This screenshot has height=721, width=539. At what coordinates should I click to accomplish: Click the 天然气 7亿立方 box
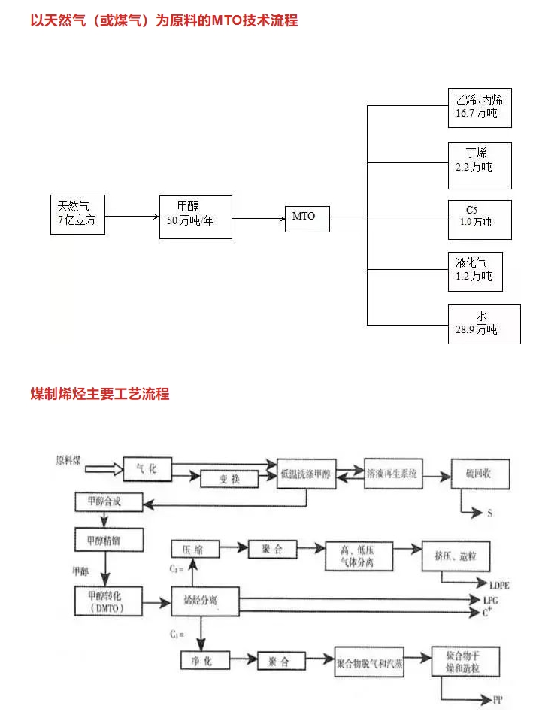77,214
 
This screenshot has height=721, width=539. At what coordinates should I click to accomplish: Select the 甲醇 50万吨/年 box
195,217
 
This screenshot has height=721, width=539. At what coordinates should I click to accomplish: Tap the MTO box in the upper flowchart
307,217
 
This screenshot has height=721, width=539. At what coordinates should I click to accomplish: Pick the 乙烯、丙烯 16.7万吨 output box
479,106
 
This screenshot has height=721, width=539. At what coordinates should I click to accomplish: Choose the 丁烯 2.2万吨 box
479,165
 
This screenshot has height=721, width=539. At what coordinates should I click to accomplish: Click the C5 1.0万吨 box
479,220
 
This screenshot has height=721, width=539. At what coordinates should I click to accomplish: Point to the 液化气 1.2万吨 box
474,271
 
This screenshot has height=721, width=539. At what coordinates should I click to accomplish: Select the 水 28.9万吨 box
483,323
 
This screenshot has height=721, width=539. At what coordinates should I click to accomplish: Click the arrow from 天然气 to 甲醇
132,217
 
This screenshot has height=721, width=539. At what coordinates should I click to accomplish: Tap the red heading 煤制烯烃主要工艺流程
99,393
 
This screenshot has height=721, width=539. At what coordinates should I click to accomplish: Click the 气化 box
147,469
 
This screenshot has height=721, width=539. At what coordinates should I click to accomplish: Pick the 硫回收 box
480,474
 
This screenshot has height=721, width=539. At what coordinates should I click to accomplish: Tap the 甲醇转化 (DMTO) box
109,601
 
